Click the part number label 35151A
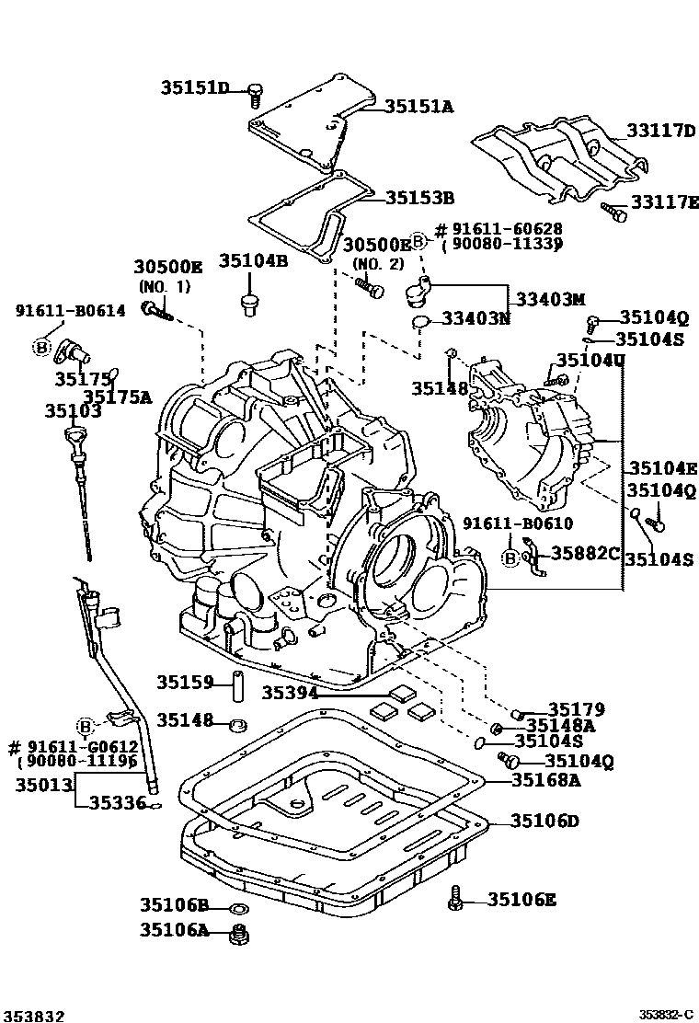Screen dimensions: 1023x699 click(x=418, y=107)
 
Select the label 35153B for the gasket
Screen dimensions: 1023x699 click(x=419, y=197)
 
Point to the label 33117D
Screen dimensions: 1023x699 click(x=661, y=131)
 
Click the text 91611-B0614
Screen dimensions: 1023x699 click(x=70, y=311)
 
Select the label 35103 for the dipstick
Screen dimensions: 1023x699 click(x=73, y=411)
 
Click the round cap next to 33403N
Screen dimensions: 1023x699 click(x=421, y=321)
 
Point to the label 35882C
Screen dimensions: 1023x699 click(x=585, y=552)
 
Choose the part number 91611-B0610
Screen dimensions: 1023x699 click(x=517, y=523)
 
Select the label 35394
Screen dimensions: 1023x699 click(x=290, y=693)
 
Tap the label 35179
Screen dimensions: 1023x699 click(x=576, y=709)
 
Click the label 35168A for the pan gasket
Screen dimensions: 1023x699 click(x=545, y=781)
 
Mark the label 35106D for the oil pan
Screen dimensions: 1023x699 click(x=545, y=821)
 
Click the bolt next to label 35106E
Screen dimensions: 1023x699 click(x=455, y=900)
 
